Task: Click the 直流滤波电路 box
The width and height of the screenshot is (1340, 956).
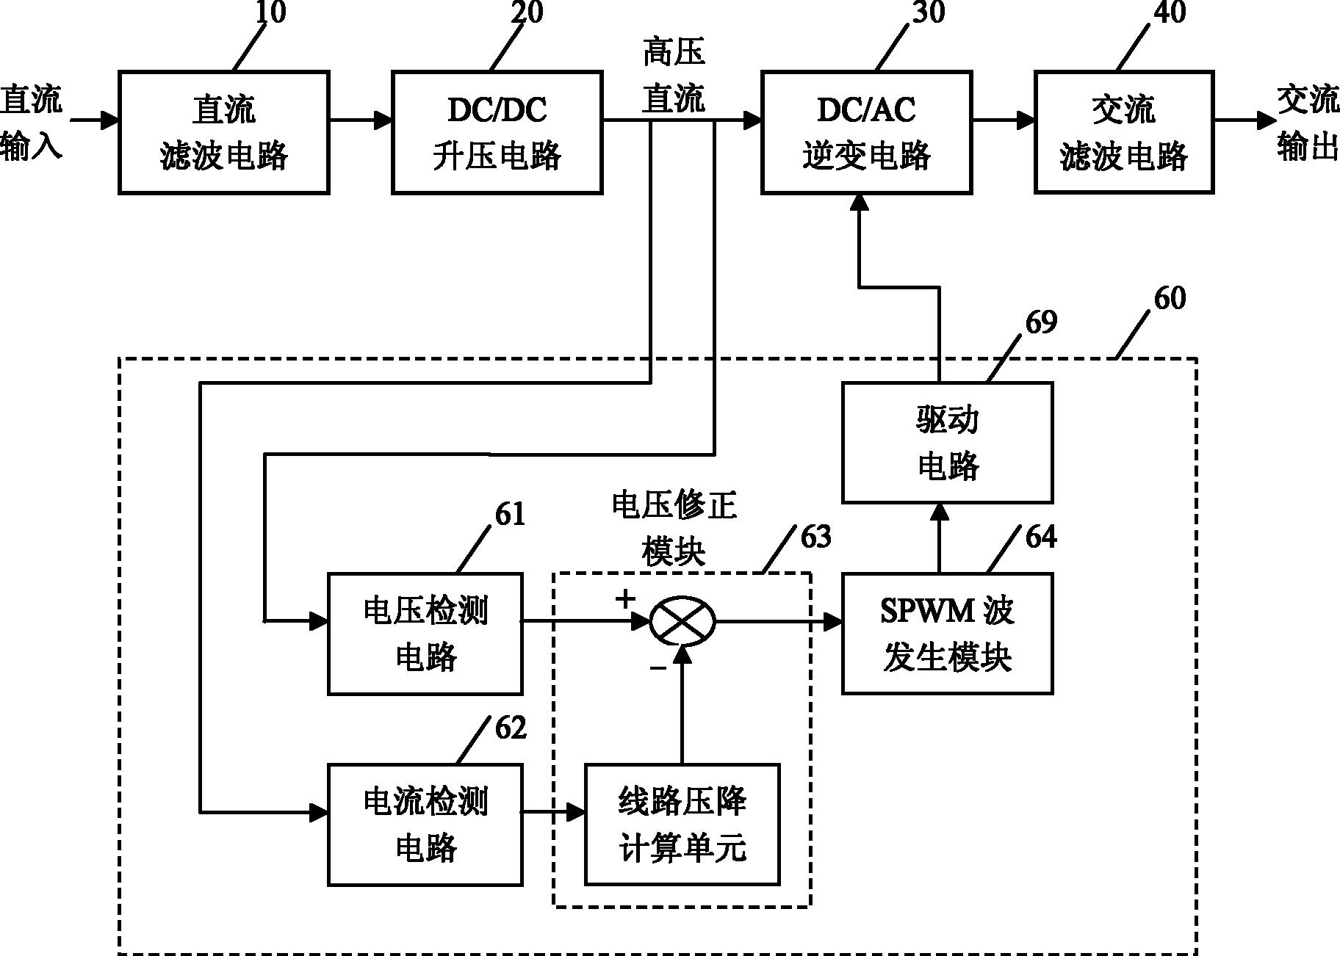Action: pos(223,133)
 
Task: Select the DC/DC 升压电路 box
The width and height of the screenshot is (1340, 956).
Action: pos(497,133)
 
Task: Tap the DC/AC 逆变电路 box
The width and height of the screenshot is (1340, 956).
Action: pos(866,133)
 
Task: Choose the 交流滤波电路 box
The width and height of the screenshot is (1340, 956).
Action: pos(1123,133)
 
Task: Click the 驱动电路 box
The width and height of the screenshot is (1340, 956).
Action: pos(947,443)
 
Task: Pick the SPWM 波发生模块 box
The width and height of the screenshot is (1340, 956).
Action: pos(947,634)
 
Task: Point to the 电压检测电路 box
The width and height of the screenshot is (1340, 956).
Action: pos(425,634)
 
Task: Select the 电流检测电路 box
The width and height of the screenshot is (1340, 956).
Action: pos(425,825)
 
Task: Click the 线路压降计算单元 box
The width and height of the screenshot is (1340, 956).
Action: pos(682,825)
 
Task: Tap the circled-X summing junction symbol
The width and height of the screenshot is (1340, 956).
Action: pos(682,622)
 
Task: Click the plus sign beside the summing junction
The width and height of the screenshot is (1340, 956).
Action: pos(625,599)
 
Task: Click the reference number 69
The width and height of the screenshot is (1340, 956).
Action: pos(1040,322)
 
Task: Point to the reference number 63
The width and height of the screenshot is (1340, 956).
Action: pos(815,537)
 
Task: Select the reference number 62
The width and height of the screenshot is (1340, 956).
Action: pos(511,728)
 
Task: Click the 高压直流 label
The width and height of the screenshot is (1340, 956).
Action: pos(674,76)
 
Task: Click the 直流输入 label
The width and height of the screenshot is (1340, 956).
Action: pos(31,122)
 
